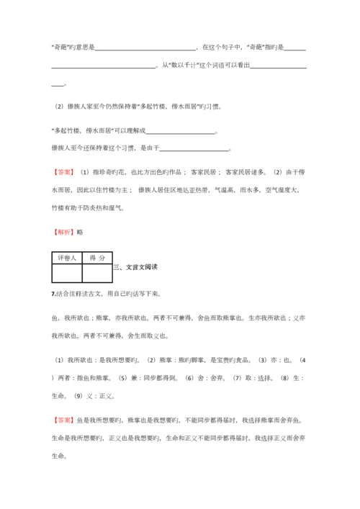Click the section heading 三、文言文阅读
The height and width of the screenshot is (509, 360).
pyautogui.click(x=136, y=267)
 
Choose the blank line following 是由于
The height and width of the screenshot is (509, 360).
pyautogui.click(x=193, y=149)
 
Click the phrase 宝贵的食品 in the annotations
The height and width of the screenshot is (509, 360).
pyautogui.click(x=243, y=359)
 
